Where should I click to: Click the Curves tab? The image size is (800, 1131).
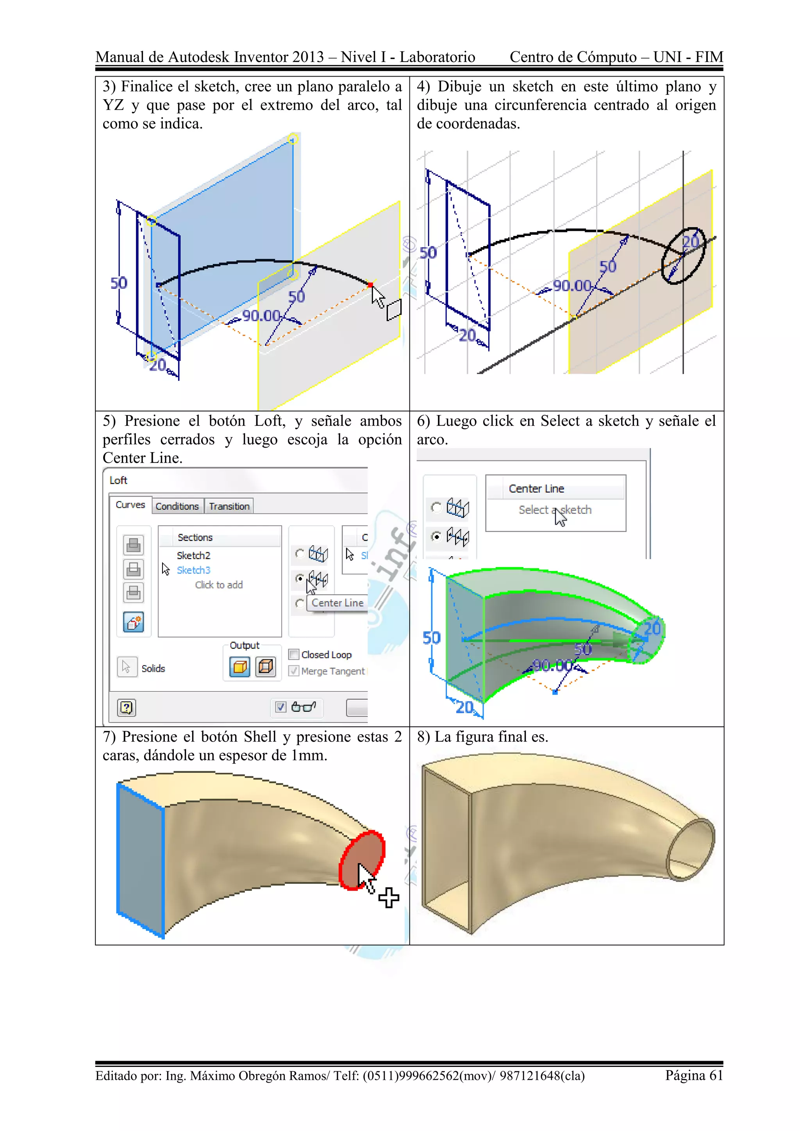[x=130, y=505]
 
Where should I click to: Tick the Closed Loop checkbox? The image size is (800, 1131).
[x=294, y=655]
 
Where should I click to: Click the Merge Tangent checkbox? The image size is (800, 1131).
[x=294, y=671]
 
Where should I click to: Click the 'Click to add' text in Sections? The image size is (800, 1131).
[x=219, y=585]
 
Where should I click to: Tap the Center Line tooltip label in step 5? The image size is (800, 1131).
[x=337, y=603]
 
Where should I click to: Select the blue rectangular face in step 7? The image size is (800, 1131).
[x=140, y=859]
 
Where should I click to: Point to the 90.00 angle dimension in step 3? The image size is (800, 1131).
[x=261, y=316]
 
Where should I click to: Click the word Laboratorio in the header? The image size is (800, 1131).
[x=437, y=57]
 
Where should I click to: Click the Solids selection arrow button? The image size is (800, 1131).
[x=127, y=667]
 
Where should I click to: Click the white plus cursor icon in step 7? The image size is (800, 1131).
[x=389, y=897]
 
